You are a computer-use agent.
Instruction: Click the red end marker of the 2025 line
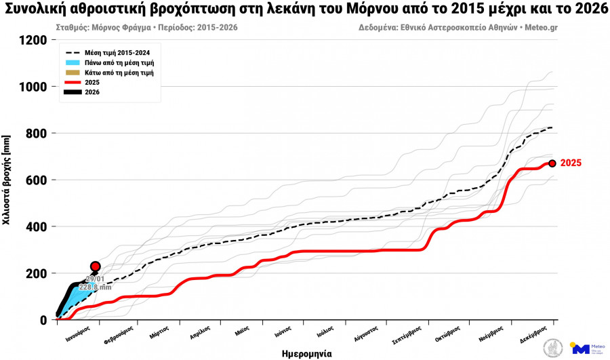(552, 163)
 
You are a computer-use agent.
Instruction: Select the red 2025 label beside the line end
(571, 163)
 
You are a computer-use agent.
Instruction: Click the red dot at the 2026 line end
(96, 266)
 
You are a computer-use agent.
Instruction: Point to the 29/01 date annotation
(95, 279)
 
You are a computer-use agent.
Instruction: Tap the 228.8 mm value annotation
(94, 287)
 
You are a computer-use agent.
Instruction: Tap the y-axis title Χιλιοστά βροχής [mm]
(7, 180)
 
